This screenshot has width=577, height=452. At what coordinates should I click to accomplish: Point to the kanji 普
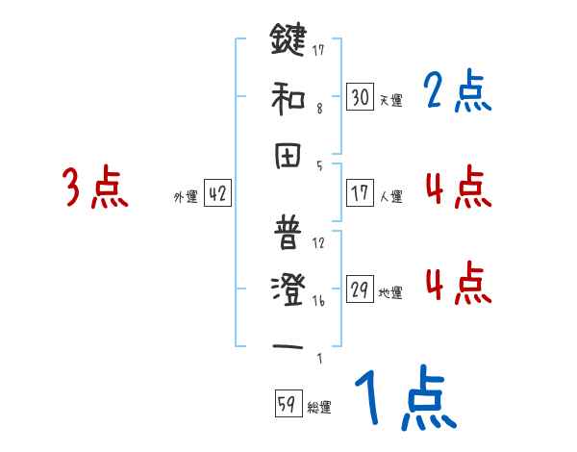[x=288, y=235]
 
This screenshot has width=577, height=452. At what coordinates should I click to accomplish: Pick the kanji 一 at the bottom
[x=288, y=346]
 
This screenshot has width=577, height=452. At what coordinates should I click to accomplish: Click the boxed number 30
[x=360, y=96]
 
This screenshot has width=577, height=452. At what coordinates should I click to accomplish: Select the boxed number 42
[x=217, y=193]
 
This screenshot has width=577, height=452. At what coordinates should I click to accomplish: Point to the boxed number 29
[x=360, y=290]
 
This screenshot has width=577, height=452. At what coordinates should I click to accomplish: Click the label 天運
[x=390, y=100]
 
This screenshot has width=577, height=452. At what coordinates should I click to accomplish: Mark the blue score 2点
[x=457, y=92]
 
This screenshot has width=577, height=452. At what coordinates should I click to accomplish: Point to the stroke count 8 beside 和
[x=319, y=109]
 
